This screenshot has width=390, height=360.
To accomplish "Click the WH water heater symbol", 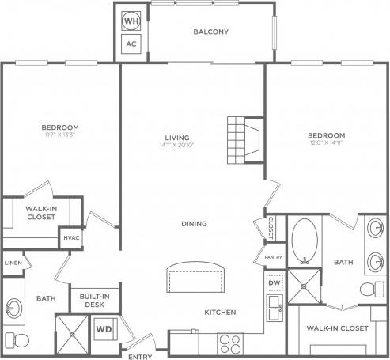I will [x=131, y=19].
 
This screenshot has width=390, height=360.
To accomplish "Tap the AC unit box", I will [x=131, y=44].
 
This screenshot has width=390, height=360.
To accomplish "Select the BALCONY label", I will [x=210, y=32].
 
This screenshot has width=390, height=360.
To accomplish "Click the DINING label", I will [x=193, y=224].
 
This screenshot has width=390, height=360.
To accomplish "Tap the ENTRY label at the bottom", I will [x=139, y=355].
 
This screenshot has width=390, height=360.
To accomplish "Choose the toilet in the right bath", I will [x=369, y=290].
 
